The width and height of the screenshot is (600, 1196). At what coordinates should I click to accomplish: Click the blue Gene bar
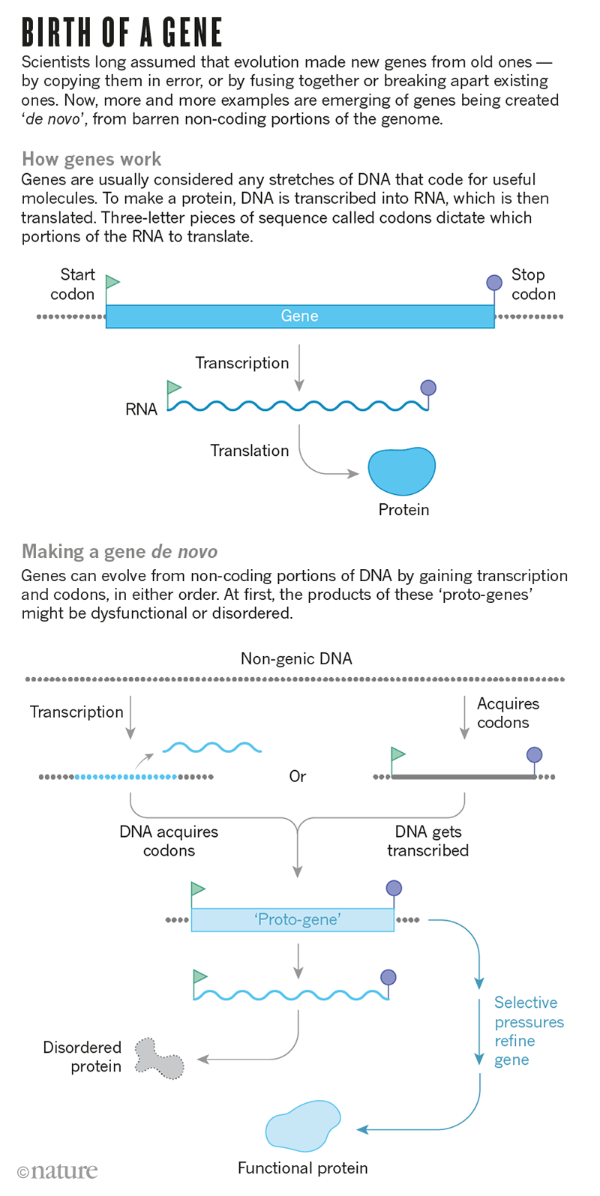coord(299,316)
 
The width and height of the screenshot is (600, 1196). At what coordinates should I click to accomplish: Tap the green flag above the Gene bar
coord(112,282)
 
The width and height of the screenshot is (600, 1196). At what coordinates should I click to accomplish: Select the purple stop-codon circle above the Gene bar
coord(494,282)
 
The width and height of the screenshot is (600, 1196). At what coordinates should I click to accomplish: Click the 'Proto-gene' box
coord(292,919)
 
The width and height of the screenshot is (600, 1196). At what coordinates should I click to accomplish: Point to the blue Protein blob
coord(402,471)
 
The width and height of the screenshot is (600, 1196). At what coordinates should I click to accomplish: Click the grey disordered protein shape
coord(159,1057)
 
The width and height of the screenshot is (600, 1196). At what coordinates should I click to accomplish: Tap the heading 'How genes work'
coord(91,159)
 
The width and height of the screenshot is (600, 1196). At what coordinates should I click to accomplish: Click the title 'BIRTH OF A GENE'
coord(121,33)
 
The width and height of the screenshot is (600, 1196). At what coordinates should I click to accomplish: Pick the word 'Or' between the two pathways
coord(298,776)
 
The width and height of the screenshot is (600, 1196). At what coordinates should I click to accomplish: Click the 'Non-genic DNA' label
coord(296,658)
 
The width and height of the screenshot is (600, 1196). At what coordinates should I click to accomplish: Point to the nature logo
coord(58,1171)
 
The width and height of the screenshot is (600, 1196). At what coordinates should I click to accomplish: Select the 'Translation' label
coord(249,451)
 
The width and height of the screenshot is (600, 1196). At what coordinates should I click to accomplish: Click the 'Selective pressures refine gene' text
coord(528,1031)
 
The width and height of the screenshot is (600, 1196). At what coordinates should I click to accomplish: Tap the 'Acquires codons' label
coord(507,713)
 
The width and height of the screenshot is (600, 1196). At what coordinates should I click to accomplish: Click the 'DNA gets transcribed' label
coord(427,841)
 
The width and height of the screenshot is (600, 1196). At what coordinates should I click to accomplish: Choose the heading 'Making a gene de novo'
coord(119,552)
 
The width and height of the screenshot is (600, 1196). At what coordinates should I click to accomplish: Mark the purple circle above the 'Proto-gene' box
coord(394,889)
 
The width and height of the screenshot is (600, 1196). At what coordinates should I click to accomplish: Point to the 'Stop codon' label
coord(532,284)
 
